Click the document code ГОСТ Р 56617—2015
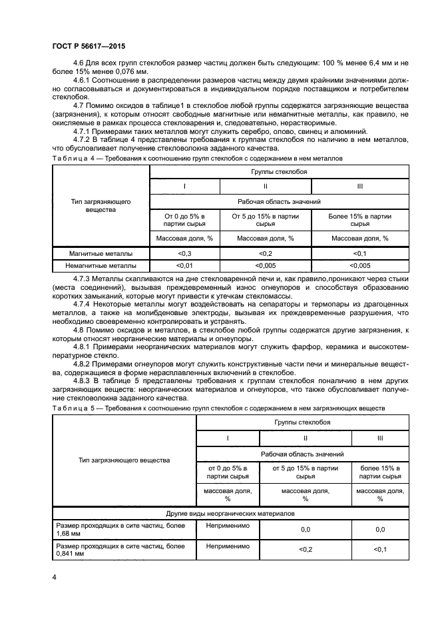tap(88, 45)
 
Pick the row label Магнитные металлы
tap(101, 254)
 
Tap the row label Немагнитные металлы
tap(101, 266)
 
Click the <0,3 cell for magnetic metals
tap(184, 254)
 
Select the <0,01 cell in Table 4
tap(184, 266)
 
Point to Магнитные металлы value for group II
tap(265, 254)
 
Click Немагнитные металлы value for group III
tap(359, 266)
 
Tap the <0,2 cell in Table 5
tap(305, 549)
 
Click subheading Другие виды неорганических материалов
tap(230, 514)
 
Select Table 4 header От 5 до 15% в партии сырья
tap(265, 221)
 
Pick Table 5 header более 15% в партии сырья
tap(379, 472)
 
